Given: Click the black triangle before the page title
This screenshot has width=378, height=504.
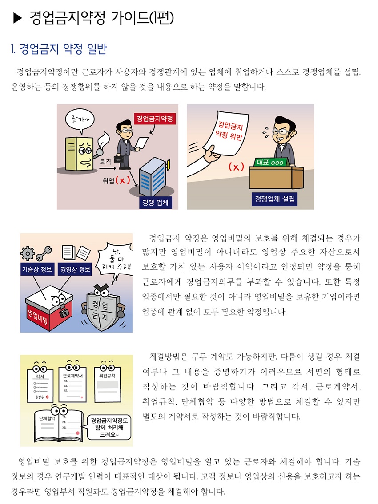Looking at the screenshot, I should coord(17,18).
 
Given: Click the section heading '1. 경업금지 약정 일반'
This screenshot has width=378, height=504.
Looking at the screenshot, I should coord(58,48).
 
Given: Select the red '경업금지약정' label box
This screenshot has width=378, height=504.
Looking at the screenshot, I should coord(154,119).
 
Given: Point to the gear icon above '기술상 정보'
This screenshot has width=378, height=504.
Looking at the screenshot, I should coord(28,253).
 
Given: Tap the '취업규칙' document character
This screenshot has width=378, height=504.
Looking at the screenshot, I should coord(107,381).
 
